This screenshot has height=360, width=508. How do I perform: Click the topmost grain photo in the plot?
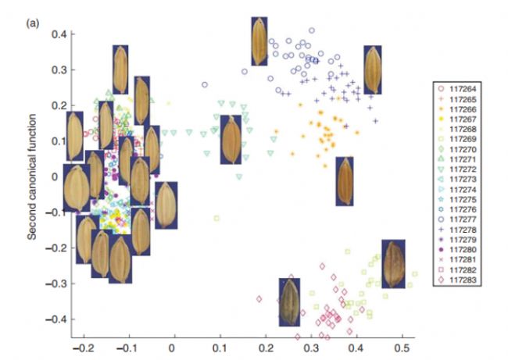(x=259, y=41)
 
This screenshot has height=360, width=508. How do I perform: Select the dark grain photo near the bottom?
(x=289, y=302)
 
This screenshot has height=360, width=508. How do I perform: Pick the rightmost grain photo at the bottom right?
(x=393, y=263)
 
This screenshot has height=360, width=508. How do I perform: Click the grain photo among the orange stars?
(x=345, y=181)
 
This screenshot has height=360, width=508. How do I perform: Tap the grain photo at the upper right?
(x=373, y=70)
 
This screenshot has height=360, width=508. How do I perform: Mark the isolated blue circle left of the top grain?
(x=205, y=84)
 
